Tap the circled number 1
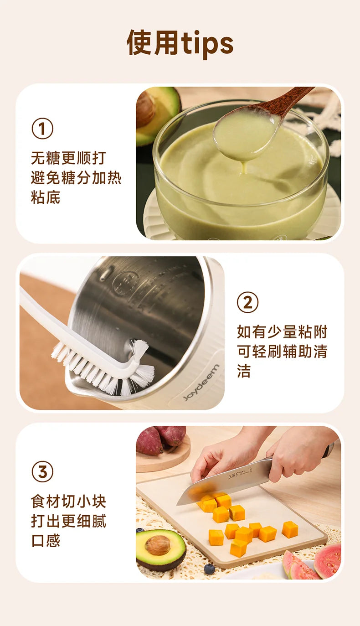[x=42, y=129]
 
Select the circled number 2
[x=248, y=302]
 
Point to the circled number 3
[x=42, y=471]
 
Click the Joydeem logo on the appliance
[x=201, y=382]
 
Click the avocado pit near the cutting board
[x=158, y=545]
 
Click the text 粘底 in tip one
[x=46, y=197]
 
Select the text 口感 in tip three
[x=46, y=540]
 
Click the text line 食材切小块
[x=68, y=501]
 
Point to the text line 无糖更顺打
[x=68, y=158]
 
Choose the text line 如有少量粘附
[x=282, y=332]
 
